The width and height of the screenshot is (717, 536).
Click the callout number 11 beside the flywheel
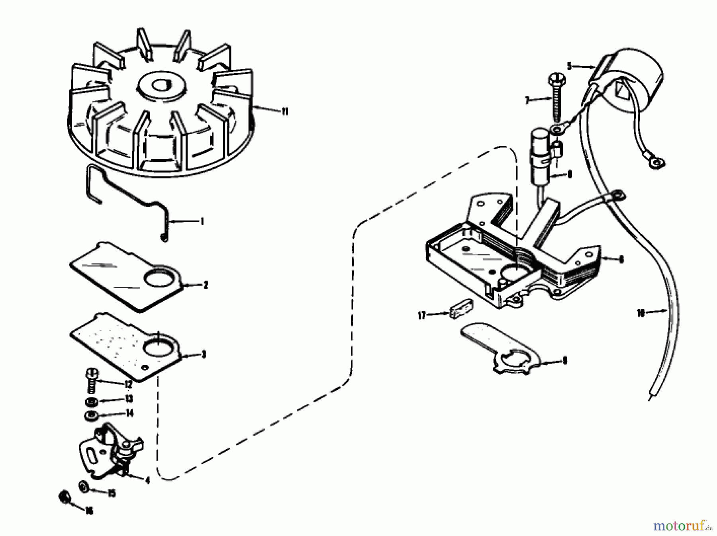point(284,112)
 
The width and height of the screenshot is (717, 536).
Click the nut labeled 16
point(64,497)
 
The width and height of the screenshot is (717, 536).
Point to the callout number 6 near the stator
point(621,260)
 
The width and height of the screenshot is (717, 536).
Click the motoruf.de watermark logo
point(682,526)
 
